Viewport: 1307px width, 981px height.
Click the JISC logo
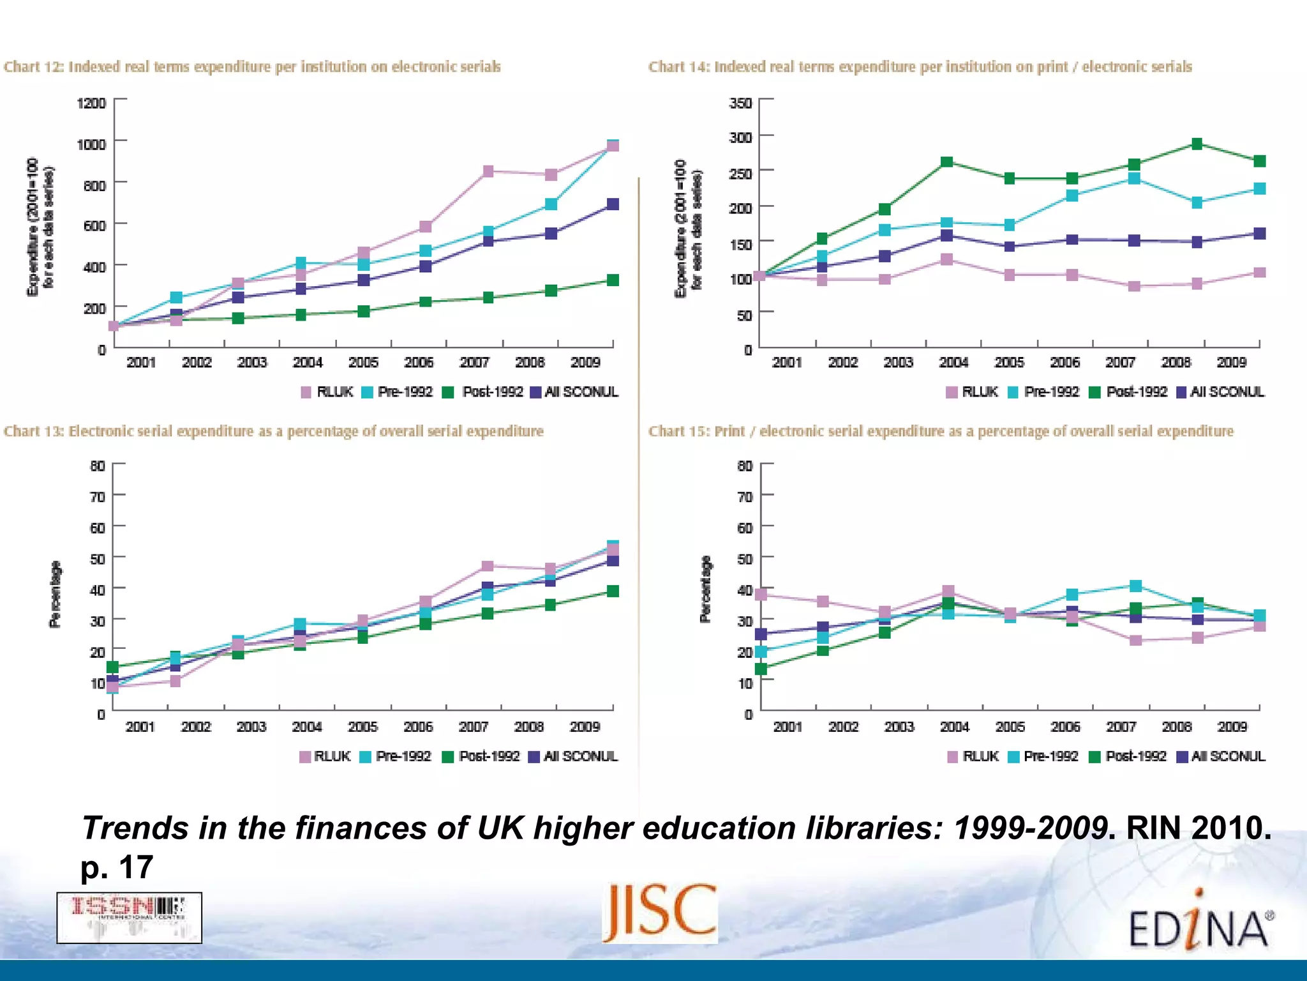tap(660, 912)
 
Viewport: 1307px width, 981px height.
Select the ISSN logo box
tap(129, 918)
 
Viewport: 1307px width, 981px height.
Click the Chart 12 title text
tap(252, 67)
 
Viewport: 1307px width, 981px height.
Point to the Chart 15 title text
tap(941, 431)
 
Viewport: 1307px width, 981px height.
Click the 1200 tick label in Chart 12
tap(91, 103)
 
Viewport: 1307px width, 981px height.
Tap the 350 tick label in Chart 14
tap(740, 103)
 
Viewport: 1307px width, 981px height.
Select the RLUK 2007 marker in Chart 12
tap(488, 171)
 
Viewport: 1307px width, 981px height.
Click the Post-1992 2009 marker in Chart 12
tap(613, 280)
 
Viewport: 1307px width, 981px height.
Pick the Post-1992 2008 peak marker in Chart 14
tap(1197, 144)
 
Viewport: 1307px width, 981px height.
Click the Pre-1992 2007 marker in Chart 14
tap(1134, 178)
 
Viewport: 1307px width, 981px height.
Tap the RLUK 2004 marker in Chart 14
tap(947, 259)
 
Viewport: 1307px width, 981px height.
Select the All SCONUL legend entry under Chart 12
tap(574, 392)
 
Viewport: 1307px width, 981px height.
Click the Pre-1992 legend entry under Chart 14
tap(1044, 392)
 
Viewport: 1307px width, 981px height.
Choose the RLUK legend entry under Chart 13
tap(325, 756)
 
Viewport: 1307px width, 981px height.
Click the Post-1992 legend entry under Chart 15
tap(1128, 756)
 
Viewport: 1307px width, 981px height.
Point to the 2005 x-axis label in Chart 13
tap(362, 727)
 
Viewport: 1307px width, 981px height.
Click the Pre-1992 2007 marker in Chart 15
tap(1135, 586)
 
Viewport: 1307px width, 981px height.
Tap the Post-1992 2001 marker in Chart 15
tap(761, 669)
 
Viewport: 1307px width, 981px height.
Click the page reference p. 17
tap(117, 867)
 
